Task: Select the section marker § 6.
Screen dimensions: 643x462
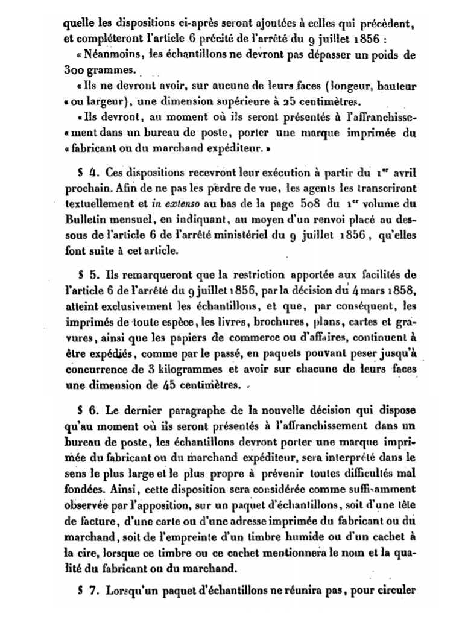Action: [84, 411]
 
